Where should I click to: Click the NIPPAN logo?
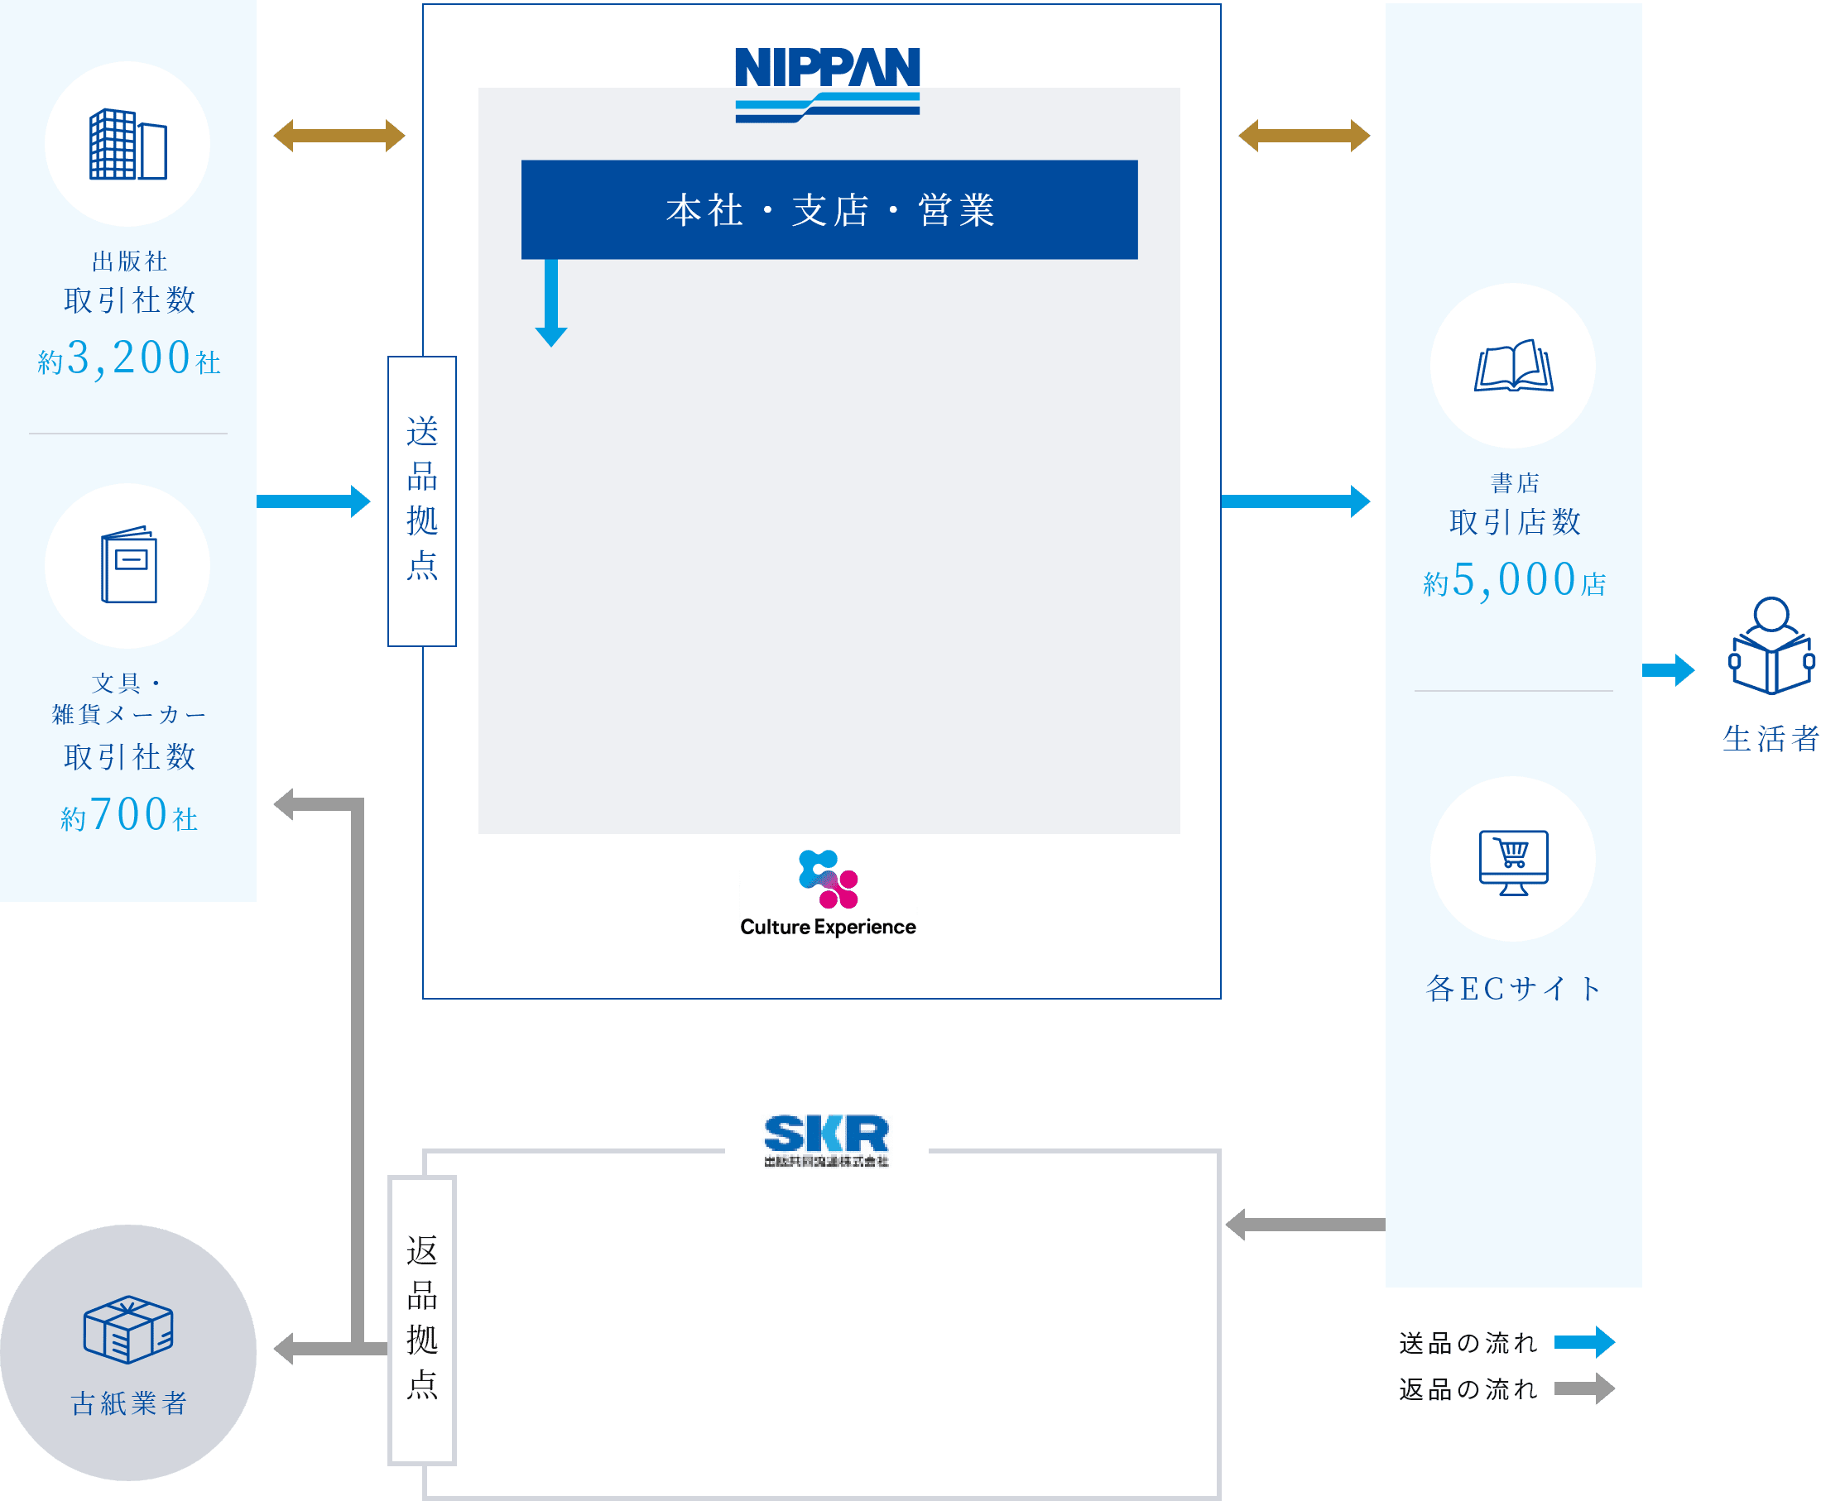point(827,83)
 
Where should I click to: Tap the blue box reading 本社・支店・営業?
point(829,209)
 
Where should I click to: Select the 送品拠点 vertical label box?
point(422,501)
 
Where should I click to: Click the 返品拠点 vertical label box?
point(422,1320)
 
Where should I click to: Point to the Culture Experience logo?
point(828,893)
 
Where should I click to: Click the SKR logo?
point(826,1137)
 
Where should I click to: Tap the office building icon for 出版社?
point(128,145)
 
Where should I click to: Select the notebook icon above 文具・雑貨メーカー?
point(129,564)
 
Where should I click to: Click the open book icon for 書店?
point(1513,366)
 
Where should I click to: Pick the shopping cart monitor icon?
point(1513,861)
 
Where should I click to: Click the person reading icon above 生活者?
point(1771,647)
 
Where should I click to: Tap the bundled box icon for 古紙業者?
point(128,1329)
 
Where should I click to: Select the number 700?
point(129,813)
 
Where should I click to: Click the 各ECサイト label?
point(1513,988)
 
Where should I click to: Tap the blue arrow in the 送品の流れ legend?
point(1584,1342)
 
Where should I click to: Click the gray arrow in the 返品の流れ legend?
point(1584,1388)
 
